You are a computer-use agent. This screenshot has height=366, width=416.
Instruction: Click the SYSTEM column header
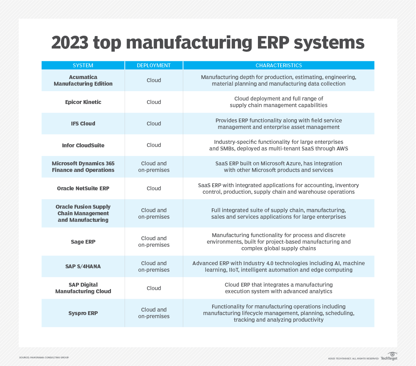click(83, 66)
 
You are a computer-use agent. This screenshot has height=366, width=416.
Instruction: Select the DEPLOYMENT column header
click(154, 66)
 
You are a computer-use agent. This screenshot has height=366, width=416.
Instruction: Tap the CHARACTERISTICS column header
click(279, 66)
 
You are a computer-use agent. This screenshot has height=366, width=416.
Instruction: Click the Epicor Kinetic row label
click(83, 102)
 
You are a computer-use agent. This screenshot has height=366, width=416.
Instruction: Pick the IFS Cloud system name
click(83, 123)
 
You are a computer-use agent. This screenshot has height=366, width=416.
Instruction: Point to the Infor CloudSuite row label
click(83, 145)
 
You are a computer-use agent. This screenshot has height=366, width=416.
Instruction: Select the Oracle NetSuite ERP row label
click(83, 188)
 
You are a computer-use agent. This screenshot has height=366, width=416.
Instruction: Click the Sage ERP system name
click(83, 242)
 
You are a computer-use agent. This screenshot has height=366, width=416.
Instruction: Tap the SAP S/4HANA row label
click(83, 266)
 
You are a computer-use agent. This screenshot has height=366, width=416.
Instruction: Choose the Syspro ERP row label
click(83, 313)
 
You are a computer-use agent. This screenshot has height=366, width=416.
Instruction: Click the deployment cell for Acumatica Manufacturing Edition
click(154, 80)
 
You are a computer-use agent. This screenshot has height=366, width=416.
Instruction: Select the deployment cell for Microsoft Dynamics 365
click(154, 167)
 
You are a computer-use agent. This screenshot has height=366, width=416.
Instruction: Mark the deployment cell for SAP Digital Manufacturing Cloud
click(154, 288)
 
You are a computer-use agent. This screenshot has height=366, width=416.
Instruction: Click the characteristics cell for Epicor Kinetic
click(279, 102)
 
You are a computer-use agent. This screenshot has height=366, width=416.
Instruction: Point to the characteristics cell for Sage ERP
click(279, 242)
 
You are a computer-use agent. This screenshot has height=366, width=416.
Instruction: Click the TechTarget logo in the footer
click(389, 356)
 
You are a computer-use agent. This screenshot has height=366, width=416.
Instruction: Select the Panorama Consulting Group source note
click(44, 357)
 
